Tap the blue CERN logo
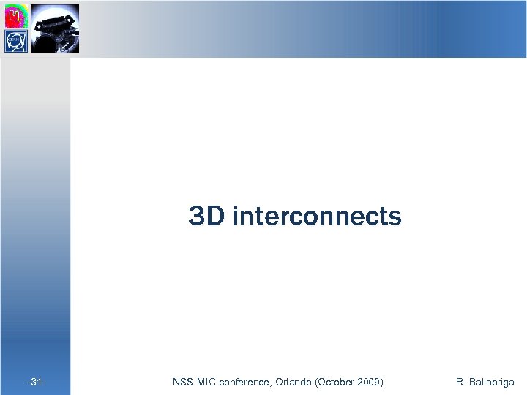pos(16,41)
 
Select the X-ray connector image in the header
pos(54,28)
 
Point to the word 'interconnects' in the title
pos(317,217)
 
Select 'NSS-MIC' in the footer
pos(193,382)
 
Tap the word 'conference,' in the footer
pos(244,382)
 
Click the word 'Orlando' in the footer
pos(293,382)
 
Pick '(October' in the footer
pos(335,382)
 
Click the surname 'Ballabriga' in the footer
pos(492,382)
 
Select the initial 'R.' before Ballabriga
pos(460,382)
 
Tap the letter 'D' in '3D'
pos(215,217)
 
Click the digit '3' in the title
pos(197,217)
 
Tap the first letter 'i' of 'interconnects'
pos(235,217)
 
